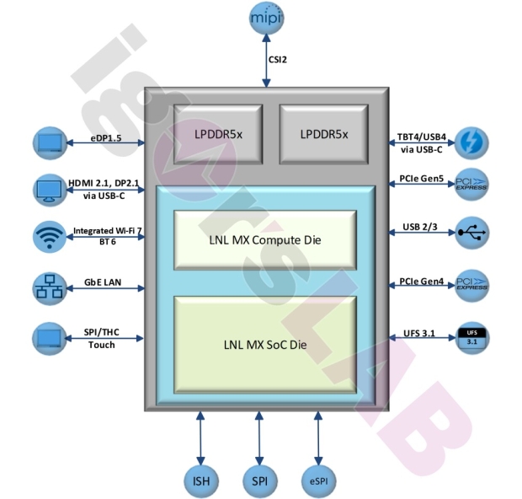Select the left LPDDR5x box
pyautogui.click(x=215, y=133)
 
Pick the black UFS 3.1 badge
pyautogui.click(x=471, y=337)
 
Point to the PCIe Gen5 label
pyautogui.click(x=422, y=179)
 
